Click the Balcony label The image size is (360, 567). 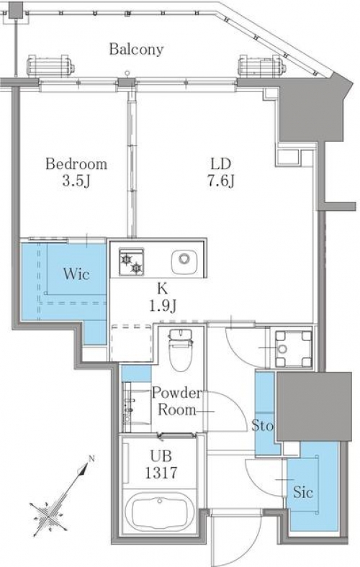(136, 49)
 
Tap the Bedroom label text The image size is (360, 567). (76, 164)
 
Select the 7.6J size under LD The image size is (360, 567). (221, 181)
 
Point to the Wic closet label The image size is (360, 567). (76, 273)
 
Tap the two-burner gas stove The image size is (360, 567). (131, 261)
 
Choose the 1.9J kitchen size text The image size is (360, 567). (163, 307)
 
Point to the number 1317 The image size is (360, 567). (161, 473)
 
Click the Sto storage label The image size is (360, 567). (263, 426)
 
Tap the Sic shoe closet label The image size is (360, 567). (303, 492)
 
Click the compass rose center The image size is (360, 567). (48, 514)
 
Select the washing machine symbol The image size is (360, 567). (294, 349)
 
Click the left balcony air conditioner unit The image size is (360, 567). (50, 66)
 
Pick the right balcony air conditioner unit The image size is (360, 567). (262, 66)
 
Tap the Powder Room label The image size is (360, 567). (176, 402)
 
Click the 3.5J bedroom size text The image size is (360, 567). (76, 181)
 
